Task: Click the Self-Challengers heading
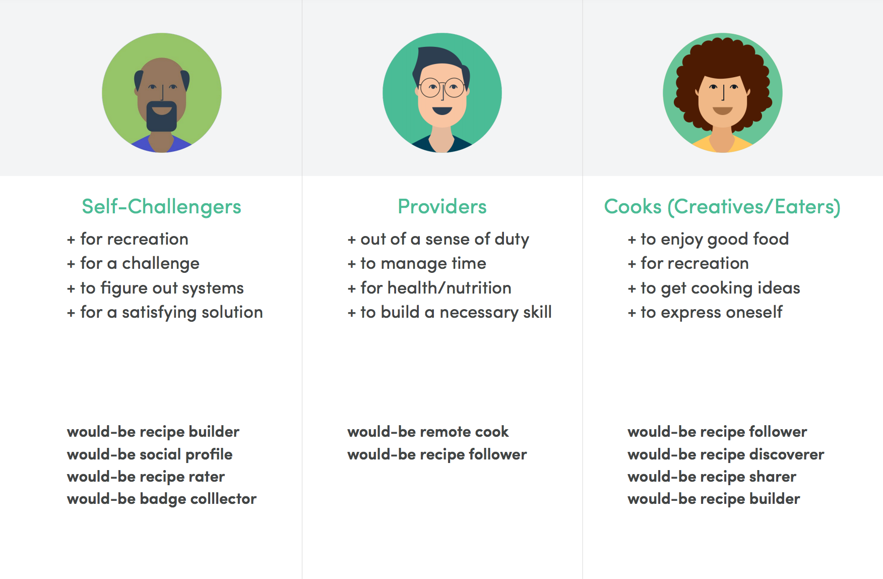coord(161,207)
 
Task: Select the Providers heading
coord(442,207)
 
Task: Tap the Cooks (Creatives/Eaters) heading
coord(722,207)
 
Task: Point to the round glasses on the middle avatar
coord(442,88)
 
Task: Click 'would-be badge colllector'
coord(162,499)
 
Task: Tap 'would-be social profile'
coord(150,454)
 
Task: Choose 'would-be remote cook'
coord(428,432)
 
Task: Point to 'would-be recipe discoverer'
coord(726,454)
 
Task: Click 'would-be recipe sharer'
coord(712,477)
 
